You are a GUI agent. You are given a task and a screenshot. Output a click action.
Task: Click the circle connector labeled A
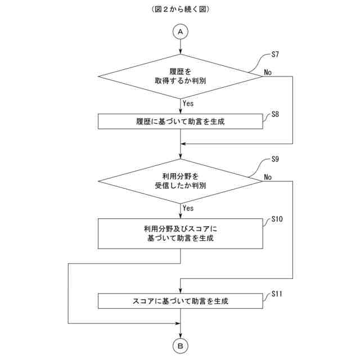pos(180,32)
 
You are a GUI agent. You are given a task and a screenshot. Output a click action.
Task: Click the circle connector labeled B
pos(180,346)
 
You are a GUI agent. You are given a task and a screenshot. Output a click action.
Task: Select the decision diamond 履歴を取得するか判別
pos(180,76)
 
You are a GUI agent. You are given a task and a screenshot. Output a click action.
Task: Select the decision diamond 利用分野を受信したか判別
pos(180,181)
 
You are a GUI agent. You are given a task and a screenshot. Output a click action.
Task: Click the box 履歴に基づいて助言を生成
pos(180,121)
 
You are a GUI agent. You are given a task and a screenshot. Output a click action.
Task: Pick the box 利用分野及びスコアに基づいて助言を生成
pos(180,233)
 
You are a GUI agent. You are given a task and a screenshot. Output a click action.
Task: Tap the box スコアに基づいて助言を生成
pos(180,300)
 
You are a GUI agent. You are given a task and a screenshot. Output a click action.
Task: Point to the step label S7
pos(275,55)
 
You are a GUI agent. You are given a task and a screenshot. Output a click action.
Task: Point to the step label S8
pos(275,114)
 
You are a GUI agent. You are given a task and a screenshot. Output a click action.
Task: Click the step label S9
pos(275,159)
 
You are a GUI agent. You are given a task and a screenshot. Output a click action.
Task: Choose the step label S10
pos(277,219)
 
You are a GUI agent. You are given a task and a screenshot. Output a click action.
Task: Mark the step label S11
pos(277,294)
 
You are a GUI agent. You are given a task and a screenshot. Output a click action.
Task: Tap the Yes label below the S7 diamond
pos(188,103)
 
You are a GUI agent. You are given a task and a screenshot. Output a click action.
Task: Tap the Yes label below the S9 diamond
pos(188,208)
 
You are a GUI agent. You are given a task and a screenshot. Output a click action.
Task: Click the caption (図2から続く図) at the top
pos(180,10)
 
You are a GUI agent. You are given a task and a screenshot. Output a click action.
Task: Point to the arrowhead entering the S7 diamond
pos(180,52)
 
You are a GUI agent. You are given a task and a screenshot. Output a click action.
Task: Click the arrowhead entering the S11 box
pos(180,290)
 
